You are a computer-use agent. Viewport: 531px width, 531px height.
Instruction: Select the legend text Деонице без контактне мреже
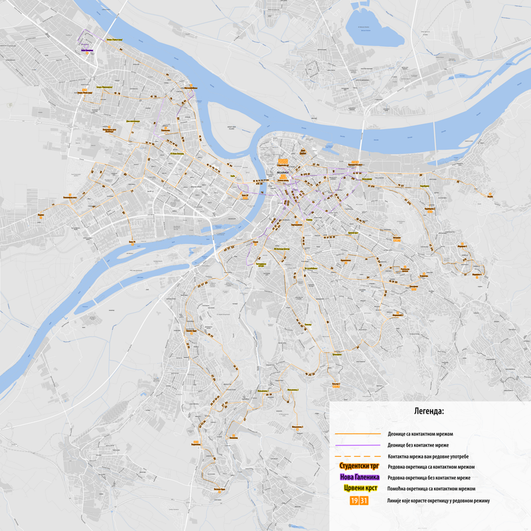coord(416,445)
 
